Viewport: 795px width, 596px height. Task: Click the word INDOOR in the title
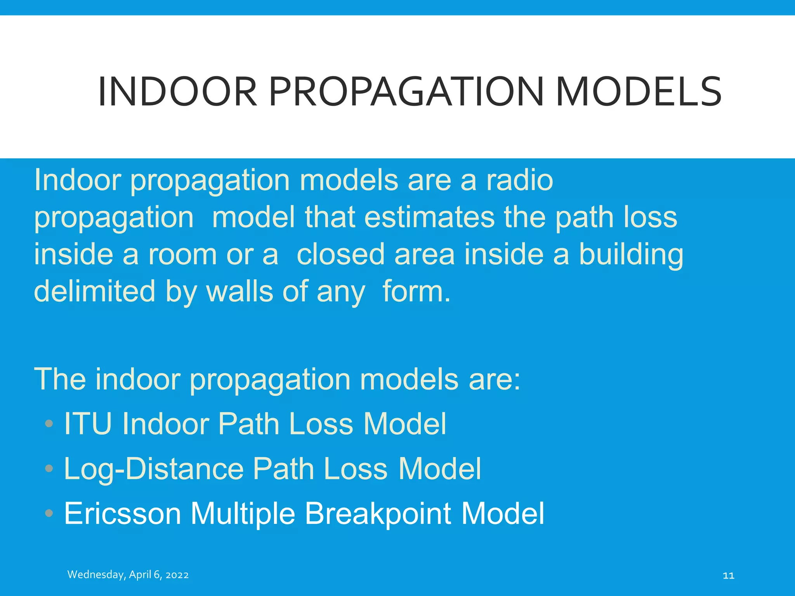click(x=177, y=92)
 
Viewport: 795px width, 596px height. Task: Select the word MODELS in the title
click(x=639, y=92)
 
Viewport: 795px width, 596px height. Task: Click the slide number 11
click(x=728, y=575)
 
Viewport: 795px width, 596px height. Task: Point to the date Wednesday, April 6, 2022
click(x=128, y=575)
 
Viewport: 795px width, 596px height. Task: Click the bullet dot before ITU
click(x=49, y=423)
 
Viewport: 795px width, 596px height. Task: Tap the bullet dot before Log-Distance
click(x=49, y=468)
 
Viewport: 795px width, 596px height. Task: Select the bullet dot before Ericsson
click(x=49, y=513)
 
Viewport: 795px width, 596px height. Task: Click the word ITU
click(x=88, y=423)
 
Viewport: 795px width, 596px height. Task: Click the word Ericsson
click(x=123, y=513)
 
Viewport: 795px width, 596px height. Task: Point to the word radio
click(x=519, y=180)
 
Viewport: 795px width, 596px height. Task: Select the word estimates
click(x=429, y=217)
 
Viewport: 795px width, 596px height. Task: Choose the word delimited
click(x=95, y=291)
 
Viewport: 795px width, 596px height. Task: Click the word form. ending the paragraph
click(x=416, y=291)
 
